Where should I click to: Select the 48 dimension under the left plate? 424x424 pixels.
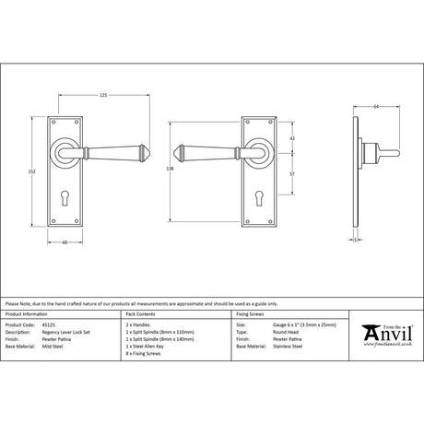tap(65, 243)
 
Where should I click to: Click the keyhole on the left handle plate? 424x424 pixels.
tap(65, 200)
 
